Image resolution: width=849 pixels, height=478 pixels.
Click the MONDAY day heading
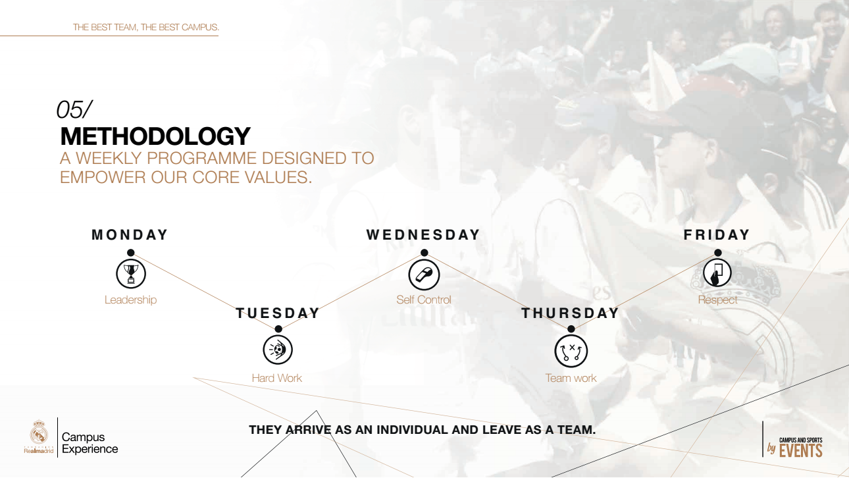pos(130,234)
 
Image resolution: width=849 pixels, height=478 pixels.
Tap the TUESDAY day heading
pos(278,313)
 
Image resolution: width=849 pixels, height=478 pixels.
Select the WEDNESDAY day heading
pos(423,234)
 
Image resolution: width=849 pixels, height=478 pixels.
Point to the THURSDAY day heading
pos(571,313)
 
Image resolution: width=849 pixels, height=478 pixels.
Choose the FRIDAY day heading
pos(717,234)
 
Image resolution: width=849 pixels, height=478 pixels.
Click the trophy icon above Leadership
pos(131,274)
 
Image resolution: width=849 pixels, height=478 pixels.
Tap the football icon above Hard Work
pos(278,350)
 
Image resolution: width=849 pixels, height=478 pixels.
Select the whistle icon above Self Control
pos(424,275)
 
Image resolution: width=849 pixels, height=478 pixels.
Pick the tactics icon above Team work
pos(571,351)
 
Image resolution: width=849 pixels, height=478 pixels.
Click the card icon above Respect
pos(717,273)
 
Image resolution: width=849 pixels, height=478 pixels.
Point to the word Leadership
pos(131,300)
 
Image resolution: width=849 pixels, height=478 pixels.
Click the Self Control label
pos(424,300)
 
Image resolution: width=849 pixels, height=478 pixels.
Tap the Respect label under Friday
pos(717,300)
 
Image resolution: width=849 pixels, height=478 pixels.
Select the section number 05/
pos(74,110)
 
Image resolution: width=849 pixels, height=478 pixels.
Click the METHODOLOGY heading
pos(155,136)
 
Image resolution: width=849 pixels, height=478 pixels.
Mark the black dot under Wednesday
pos(424,252)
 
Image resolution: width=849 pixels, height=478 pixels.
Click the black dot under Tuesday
pos(278,329)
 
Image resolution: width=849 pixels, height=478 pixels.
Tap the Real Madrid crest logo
pos(39,431)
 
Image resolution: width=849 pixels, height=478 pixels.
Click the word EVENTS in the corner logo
pos(800,451)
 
